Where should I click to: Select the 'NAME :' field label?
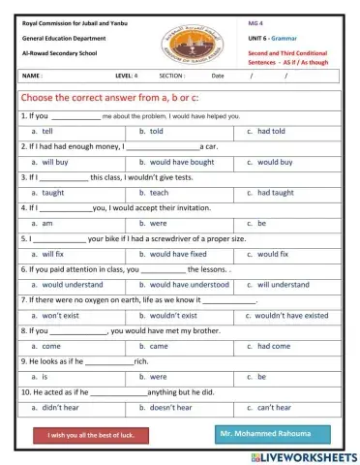pyautogui.click(x=32, y=76)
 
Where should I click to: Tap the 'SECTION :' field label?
pyautogui.click(x=172, y=76)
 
